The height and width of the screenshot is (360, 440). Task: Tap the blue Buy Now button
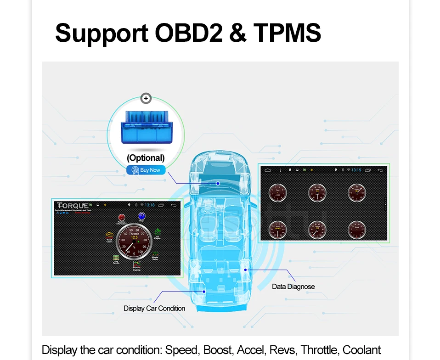coord(146,170)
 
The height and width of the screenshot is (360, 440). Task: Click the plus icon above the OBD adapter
coord(146,98)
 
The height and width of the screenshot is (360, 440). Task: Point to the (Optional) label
coord(146,158)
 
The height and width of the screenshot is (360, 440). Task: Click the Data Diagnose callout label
coord(293,287)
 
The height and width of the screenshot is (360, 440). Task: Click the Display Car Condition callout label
coord(154,308)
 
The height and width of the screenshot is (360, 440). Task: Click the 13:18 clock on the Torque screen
coord(150,205)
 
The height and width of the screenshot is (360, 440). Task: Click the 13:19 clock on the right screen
coord(356,170)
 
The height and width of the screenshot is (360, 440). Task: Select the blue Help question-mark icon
coord(141,216)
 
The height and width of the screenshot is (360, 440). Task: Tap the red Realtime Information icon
coord(121,217)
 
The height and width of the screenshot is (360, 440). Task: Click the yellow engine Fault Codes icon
coord(109,235)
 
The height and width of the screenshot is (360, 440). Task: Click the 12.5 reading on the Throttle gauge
coord(134,237)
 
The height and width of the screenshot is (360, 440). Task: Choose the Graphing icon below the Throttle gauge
coord(136,265)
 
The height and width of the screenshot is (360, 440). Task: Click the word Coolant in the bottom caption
coord(362,350)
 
